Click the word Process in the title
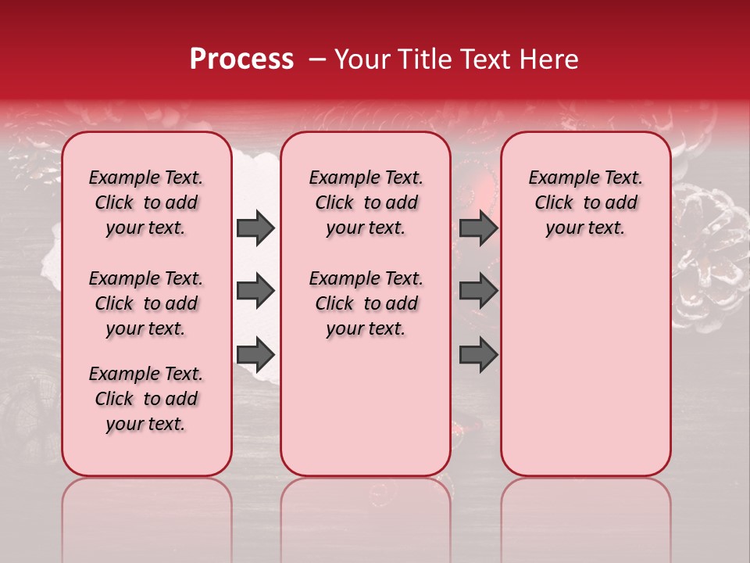(241, 59)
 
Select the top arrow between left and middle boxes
(255, 228)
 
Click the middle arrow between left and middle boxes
(255, 292)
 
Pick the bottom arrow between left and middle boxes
(255, 354)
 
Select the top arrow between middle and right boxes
(478, 228)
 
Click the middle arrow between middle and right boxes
(478, 292)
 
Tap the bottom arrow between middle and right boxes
(478, 354)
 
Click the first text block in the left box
(146, 203)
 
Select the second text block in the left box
(146, 303)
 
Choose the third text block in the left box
(146, 399)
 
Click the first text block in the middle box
(366, 203)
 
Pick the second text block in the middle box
(366, 303)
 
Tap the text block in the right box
(585, 203)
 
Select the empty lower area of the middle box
(366, 407)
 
